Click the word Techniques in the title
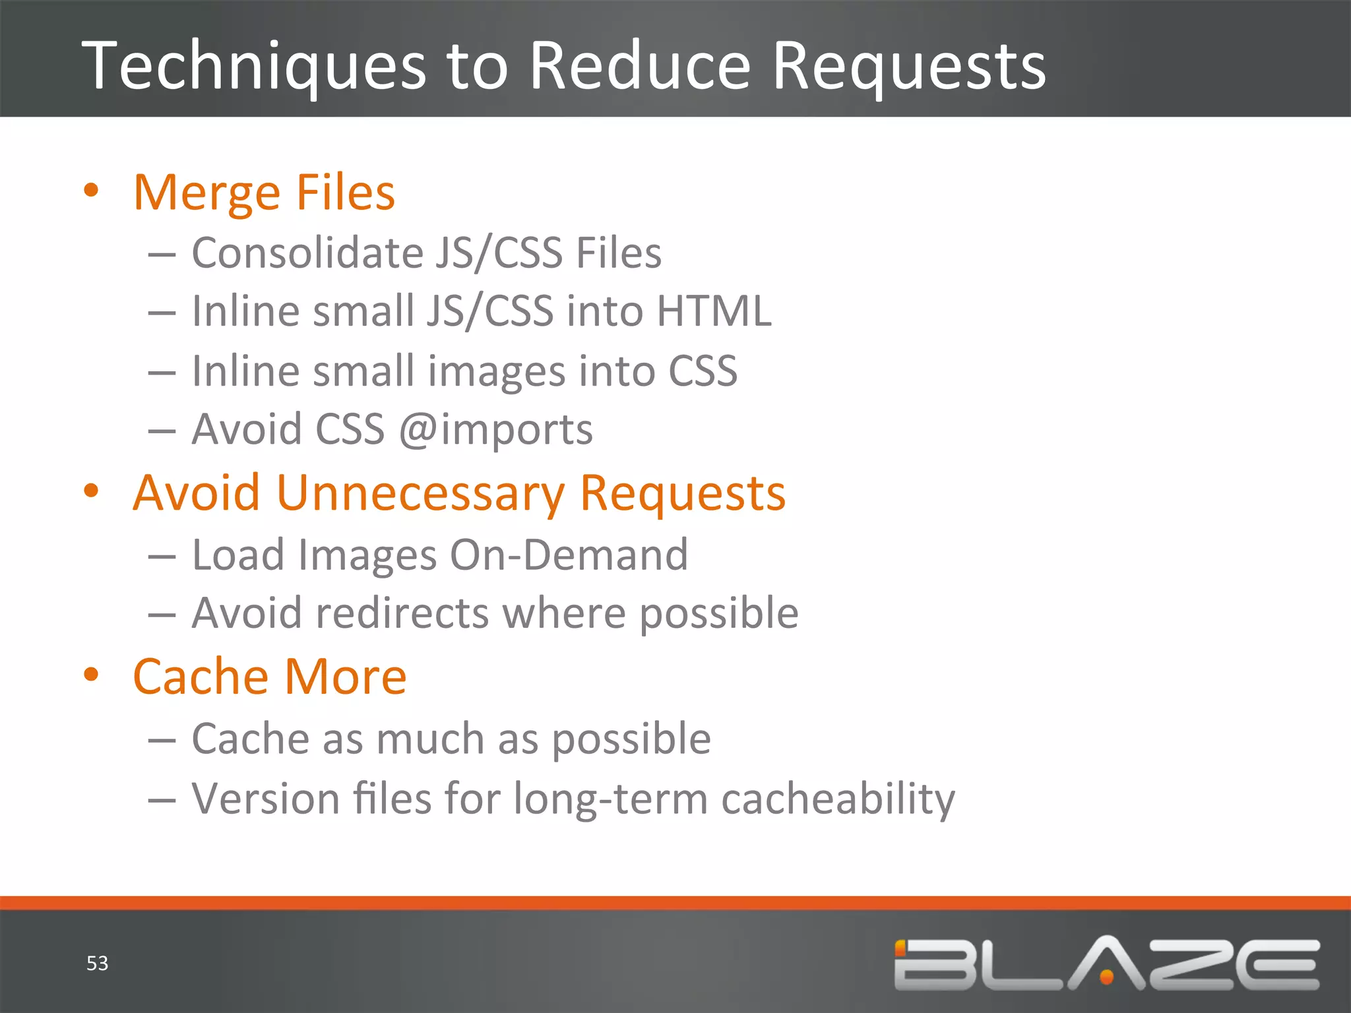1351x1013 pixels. point(254,66)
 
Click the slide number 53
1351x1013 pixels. point(98,964)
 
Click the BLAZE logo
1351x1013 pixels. point(1106,964)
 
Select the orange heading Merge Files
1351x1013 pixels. point(264,193)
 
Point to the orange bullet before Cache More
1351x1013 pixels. point(91,674)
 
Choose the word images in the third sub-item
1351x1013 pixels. point(496,371)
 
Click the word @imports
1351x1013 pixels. point(496,430)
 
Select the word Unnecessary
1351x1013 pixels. point(420,493)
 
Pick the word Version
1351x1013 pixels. point(265,798)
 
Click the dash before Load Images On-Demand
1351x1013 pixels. point(162,556)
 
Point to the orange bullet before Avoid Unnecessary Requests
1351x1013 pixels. point(91,491)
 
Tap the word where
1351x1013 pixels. point(564,613)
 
